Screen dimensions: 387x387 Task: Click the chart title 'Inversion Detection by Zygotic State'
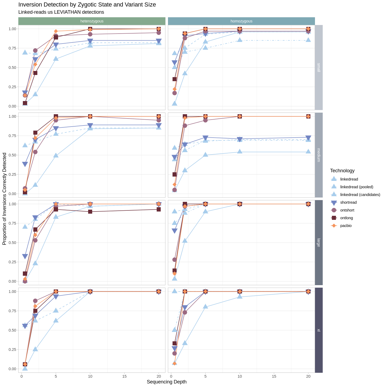[x=87, y=5]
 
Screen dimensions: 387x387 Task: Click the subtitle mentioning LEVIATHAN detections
[x=61, y=12]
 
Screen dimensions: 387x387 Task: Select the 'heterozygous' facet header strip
[x=92, y=21]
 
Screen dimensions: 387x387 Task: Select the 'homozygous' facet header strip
[x=241, y=21]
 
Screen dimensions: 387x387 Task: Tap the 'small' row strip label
[x=319, y=67]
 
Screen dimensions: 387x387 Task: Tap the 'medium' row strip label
[x=319, y=155]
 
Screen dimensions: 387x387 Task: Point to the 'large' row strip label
[x=319, y=242]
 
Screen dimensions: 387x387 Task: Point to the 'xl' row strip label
[x=319, y=330]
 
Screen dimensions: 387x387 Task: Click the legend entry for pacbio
[x=346, y=225]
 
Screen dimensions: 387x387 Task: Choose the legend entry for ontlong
[x=346, y=218]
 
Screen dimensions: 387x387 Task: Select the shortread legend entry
[x=348, y=202]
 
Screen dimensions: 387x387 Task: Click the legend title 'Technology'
[x=342, y=171]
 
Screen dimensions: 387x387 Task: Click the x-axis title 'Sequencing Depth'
[x=167, y=382]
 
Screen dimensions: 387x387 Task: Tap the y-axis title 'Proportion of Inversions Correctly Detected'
[x=4, y=199]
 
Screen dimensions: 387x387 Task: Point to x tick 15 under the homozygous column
[x=274, y=376]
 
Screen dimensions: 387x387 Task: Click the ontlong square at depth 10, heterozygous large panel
[x=90, y=212]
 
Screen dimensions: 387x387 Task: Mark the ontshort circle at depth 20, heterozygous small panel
[x=159, y=33]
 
